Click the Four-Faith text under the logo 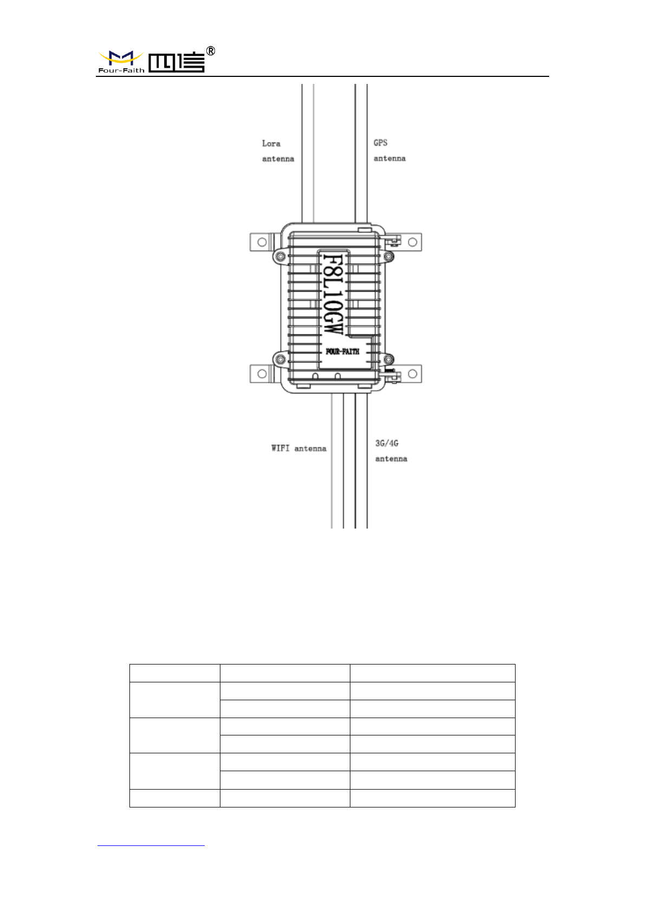(x=121, y=70)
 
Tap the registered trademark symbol (x=211, y=51)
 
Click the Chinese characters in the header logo (x=176, y=62)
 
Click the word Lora (x=271, y=144)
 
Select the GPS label (x=381, y=143)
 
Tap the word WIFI (x=281, y=448)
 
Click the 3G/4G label (x=387, y=444)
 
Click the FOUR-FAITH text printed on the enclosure (x=342, y=351)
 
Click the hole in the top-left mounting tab (x=262, y=242)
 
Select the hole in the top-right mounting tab (x=412, y=242)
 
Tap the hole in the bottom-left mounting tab (x=262, y=374)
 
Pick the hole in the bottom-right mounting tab (x=412, y=374)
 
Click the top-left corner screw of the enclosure (x=280, y=256)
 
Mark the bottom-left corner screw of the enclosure (x=280, y=359)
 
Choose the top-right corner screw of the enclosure (x=388, y=256)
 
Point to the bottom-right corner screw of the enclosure (x=388, y=359)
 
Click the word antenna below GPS (x=389, y=159)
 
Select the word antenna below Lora (x=278, y=159)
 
